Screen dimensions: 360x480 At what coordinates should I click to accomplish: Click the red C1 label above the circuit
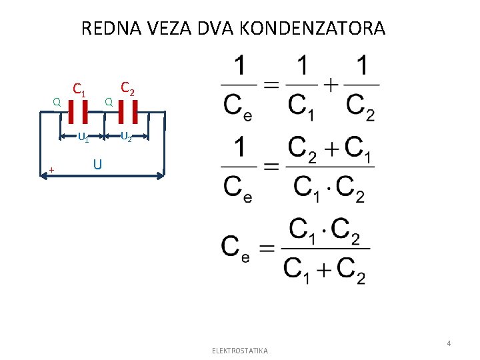79,89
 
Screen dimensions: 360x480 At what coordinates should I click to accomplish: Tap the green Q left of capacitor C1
57,103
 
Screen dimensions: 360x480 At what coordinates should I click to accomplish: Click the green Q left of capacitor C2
109,102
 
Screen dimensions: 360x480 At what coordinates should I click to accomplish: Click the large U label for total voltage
97,163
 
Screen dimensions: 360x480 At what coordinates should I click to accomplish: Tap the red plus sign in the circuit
51,171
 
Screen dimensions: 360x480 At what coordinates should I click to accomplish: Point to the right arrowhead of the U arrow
161,176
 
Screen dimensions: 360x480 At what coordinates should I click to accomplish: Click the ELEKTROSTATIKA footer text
239,351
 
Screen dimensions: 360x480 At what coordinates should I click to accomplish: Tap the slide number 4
449,343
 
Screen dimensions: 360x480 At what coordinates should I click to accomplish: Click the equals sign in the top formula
269,85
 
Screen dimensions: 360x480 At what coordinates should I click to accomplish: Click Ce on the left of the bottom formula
235,248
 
